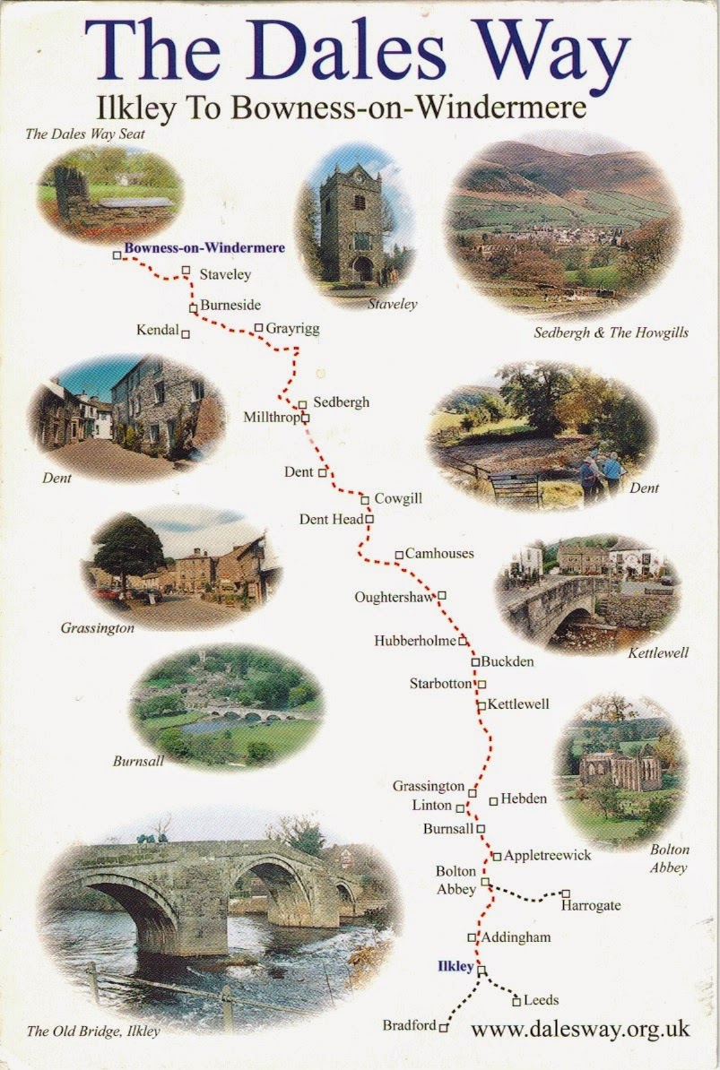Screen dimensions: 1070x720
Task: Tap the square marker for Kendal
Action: pos(186,334)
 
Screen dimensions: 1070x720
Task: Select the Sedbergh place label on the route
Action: pos(341,402)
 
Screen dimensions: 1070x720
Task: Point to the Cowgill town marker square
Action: pos(365,499)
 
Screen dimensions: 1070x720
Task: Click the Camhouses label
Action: pos(438,553)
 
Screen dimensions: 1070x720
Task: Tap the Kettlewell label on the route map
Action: pos(518,704)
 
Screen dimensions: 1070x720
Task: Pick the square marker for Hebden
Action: pos(493,800)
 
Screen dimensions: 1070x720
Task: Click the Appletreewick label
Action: pos(547,855)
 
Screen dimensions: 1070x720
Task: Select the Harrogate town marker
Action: pos(566,893)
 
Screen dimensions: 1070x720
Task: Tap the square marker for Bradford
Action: pos(443,1028)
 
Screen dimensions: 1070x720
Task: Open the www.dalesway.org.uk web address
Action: pos(579,1030)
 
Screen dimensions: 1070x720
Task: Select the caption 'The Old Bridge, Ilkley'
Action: pos(92,1031)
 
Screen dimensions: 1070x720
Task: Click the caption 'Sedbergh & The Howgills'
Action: pos(611,332)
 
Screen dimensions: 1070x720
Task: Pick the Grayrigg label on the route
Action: pos(292,329)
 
